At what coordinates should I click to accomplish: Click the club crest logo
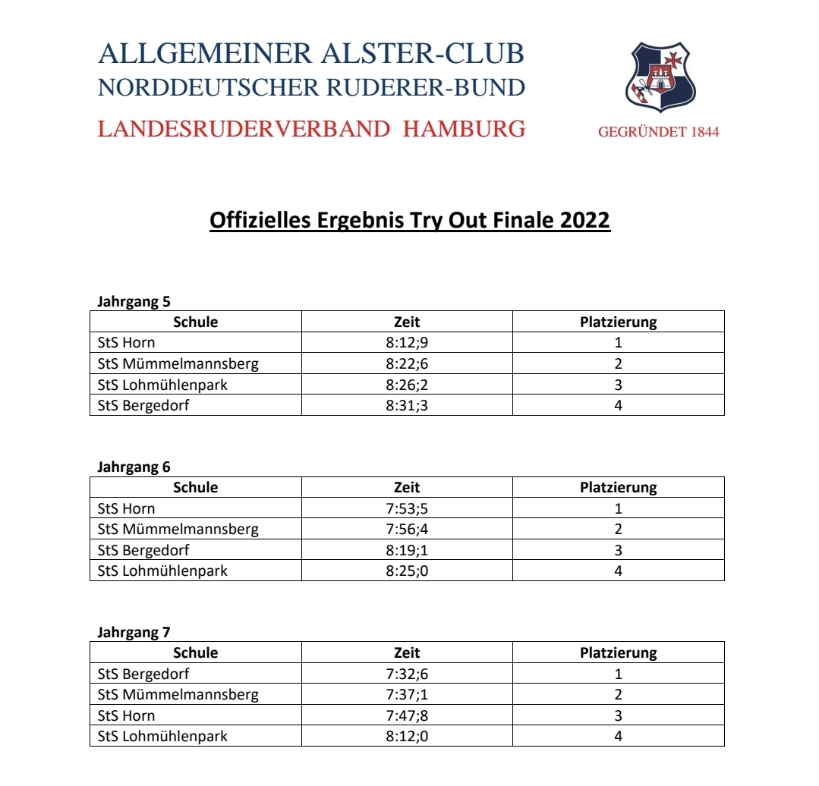(x=660, y=77)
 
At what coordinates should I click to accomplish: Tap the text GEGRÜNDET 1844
(x=658, y=132)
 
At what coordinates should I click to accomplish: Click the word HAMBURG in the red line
(x=464, y=129)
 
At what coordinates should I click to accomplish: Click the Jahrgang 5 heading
(x=134, y=301)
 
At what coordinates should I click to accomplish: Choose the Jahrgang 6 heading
(x=134, y=467)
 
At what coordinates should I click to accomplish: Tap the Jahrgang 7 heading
(x=134, y=632)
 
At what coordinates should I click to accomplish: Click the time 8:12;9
(x=407, y=342)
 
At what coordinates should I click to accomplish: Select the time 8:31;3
(x=407, y=405)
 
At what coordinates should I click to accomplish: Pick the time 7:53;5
(x=407, y=508)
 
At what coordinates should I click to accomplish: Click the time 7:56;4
(x=407, y=529)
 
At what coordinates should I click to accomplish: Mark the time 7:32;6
(x=407, y=674)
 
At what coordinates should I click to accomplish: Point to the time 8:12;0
(x=407, y=736)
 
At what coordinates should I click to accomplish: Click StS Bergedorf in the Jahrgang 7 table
(x=143, y=674)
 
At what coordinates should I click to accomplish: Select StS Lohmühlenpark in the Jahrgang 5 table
(x=162, y=385)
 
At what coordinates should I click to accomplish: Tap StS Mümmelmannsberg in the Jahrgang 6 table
(x=178, y=529)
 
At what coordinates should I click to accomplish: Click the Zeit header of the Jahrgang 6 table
(x=407, y=487)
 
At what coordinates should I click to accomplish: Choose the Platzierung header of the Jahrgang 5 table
(x=618, y=322)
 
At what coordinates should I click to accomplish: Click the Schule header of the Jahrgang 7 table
(x=195, y=652)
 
